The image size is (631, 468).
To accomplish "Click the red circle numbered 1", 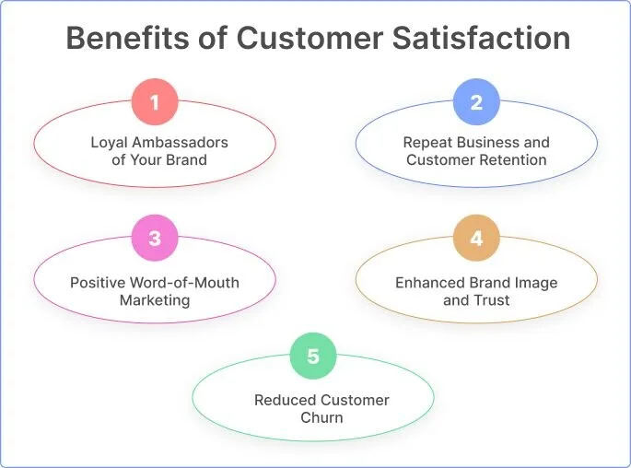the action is pos(155,102).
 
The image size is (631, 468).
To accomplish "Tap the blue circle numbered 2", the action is pos(476,102).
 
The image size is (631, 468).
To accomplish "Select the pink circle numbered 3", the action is pos(155,238).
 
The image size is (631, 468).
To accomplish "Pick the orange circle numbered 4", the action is pos(476,238).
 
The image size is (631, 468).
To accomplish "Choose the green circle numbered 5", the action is pos(313,356).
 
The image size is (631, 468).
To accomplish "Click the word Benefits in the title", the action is pos(127,38).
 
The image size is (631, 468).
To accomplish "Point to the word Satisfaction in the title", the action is pos(481,38).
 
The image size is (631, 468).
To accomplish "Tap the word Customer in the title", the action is pos(310,38).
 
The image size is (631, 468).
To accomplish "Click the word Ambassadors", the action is pos(180,142).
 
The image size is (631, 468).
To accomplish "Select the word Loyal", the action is pos(109,143).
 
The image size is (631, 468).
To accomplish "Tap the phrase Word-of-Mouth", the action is pos(184,283).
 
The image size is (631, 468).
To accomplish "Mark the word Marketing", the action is pos(155,300).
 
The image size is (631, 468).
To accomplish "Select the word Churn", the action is pos(321,417).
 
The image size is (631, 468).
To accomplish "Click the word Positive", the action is pos(98,283).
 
